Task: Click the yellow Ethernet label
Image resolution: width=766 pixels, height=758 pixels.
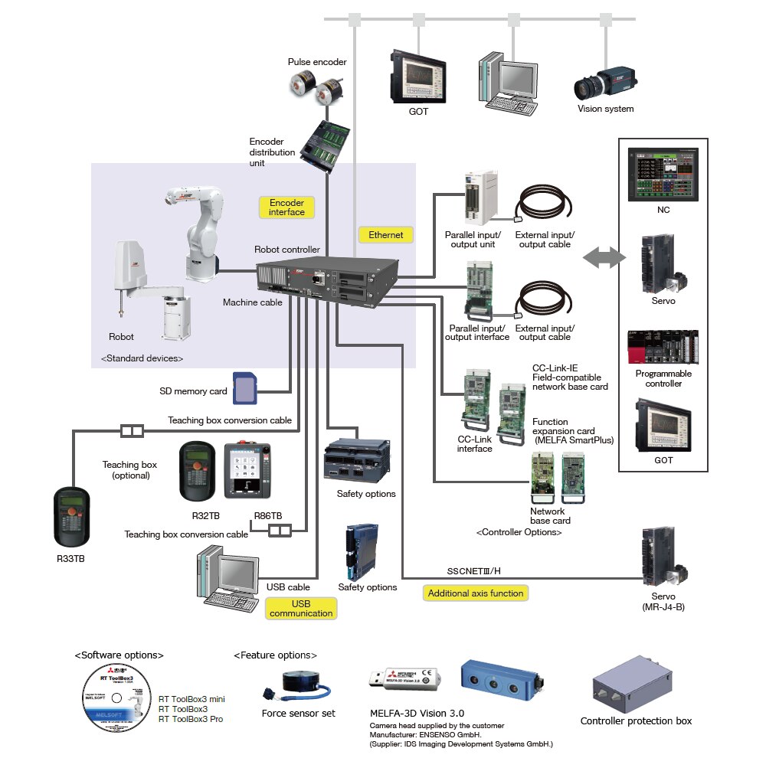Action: (x=385, y=234)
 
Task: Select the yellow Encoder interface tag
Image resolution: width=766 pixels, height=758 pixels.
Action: (x=286, y=207)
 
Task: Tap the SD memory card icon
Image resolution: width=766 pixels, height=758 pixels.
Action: (x=244, y=389)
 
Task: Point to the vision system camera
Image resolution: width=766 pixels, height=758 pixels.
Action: (x=604, y=83)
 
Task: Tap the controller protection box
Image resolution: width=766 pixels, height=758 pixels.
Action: (x=635, y=687)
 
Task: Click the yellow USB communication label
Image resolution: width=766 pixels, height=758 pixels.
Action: (x=301, y=608)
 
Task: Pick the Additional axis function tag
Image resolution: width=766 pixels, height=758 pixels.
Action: (x=475, y=593)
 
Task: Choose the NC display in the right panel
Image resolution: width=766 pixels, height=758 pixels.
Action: (x=663, y=175)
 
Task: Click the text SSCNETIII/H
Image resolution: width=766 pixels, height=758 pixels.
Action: (x=474, y=571)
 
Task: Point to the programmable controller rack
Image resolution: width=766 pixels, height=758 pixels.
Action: (x=663, y=349)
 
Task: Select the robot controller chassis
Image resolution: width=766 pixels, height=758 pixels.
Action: (x=329, y=280)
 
